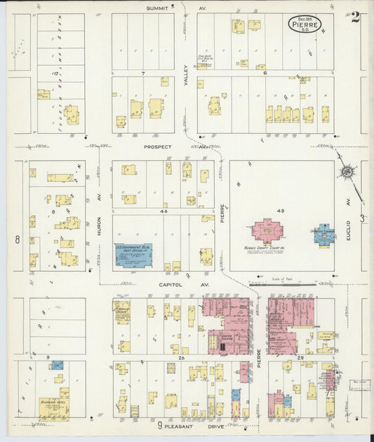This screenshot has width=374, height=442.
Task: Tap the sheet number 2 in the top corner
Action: coord(356,18)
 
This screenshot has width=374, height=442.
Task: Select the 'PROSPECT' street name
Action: coord(158,147)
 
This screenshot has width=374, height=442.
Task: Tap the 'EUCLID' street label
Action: coord(348,209)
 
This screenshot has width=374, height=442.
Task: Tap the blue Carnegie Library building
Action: coord(323,235)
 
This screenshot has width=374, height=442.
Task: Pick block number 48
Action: coord(163,210)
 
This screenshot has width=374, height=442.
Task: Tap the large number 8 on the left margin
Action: coord(17,240)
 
